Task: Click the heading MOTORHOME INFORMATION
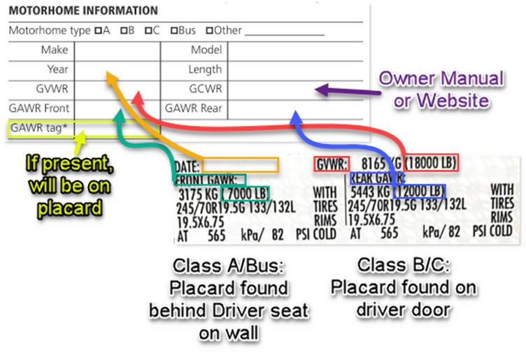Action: (83, 11)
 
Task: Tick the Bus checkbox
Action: (174, 31)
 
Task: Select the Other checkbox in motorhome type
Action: (208, 31)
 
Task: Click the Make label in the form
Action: (55, 50)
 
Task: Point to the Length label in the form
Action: (205, 69)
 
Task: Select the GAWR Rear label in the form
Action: (193, 108)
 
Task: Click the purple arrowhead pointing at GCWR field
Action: (320, 89)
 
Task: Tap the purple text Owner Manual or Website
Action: (441, 89)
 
